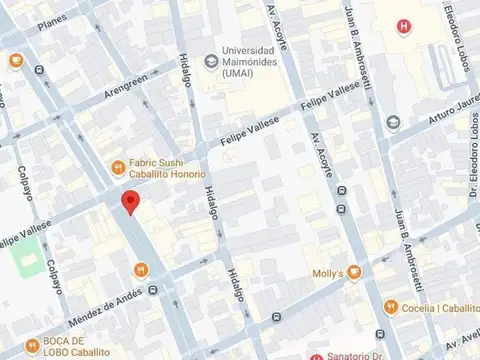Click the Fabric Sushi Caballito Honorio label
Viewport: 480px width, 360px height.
click(165, 172)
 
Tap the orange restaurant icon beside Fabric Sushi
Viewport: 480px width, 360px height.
click(117, 166)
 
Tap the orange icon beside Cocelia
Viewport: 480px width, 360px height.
click(392, 307)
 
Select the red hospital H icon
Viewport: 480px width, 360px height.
click(403, 26)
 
